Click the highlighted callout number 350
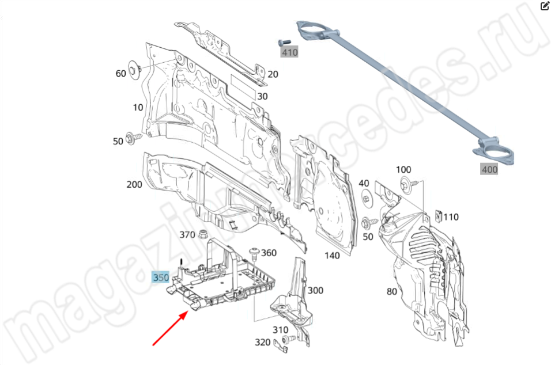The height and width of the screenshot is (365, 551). click(x=161, y=277)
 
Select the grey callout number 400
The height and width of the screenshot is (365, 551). click(x=489, y=169)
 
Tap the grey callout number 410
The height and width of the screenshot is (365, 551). click(x=289, y=52)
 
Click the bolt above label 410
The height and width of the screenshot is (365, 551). click(x=284, y=43)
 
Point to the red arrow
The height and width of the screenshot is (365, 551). click(x=169, y=329)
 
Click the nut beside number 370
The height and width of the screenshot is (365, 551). click(x=202, y=234)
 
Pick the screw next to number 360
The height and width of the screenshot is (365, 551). click(x=254, y=254)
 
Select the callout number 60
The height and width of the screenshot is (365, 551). click(x=120, y=73)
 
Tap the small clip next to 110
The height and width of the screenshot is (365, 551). click(x=438, y=215)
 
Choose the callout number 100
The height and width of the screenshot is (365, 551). click(x=403, y=169)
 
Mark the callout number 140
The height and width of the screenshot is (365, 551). click(x=332, y=255)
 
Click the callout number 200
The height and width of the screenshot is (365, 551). click(x=134, y=184)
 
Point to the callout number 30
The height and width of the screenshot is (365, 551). click(x=262, y=96)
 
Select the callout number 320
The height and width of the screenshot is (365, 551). click(x=262, y=342)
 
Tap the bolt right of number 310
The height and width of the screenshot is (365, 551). click(x=289, y=339)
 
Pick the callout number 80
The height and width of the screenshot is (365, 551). click(x=392, y=291)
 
